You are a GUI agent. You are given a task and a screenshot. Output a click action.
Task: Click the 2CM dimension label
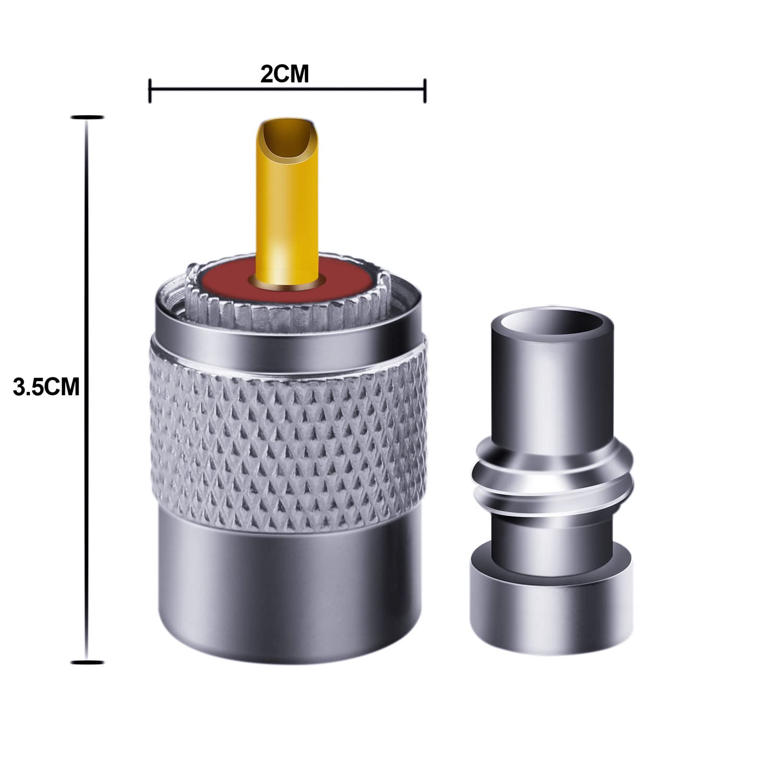(285, 74)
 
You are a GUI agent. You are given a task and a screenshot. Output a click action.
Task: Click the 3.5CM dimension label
(45, 387)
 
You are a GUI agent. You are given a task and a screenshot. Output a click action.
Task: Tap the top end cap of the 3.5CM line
(86, 117)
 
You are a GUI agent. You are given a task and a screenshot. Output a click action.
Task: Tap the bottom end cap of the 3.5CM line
(86, 662)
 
